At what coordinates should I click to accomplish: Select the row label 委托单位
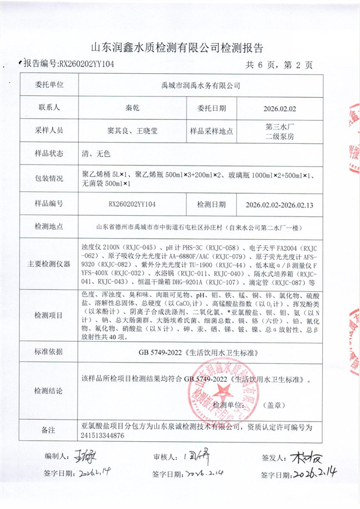coord(50,86)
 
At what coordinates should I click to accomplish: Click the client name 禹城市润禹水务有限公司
coord(201,86)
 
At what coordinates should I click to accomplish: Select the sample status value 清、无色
coord(95,153)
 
